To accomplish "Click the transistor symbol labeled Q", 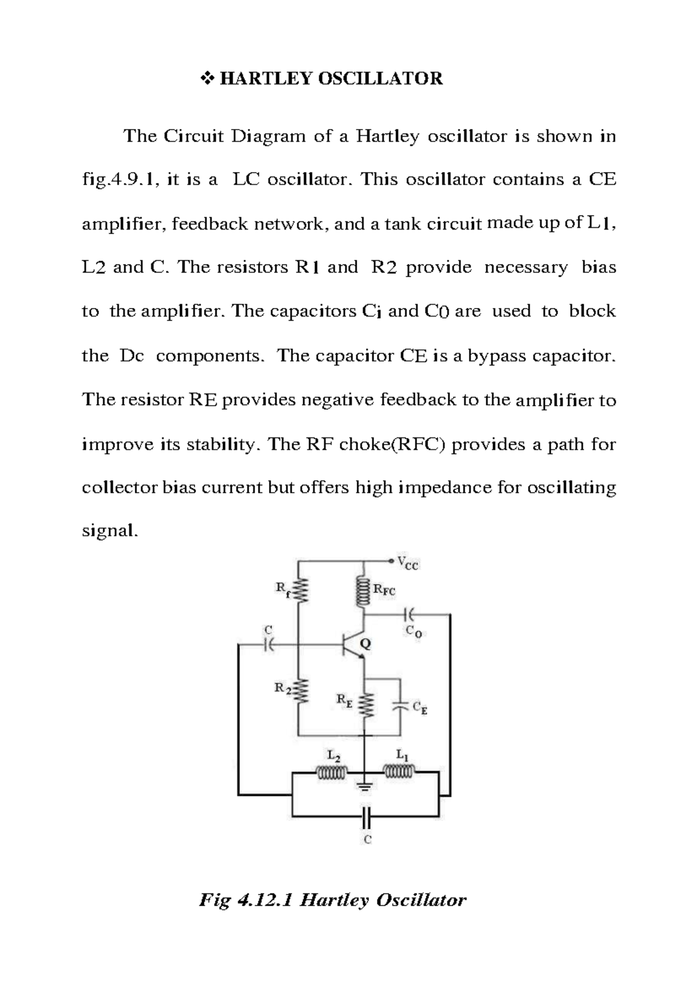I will tap(353, 644).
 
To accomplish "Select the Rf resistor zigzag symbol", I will tap(299, 592).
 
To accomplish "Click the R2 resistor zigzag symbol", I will tap(299, 692).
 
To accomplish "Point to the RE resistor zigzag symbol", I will tap(365, 705).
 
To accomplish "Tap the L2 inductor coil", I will tap(331, 773).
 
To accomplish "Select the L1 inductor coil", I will tap(400, 772).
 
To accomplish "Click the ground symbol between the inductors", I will tap(365, 788).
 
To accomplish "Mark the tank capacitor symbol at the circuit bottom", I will tap(365, 817).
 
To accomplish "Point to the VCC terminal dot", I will tap(391, 561).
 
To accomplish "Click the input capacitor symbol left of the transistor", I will tap(268, 644).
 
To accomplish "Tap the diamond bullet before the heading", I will tap(207, 78).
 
